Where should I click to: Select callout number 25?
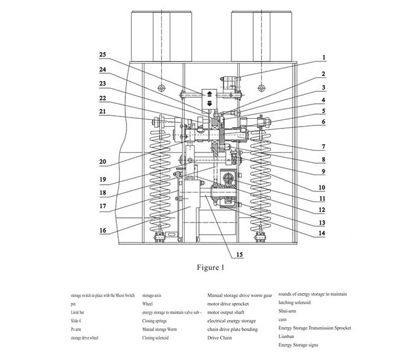pos(103,55)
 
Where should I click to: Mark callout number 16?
pos(103,230)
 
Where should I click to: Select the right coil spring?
pos(262,183)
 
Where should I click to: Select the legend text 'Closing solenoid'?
pos(158,338)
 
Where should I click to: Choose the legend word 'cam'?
pos(283,319)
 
